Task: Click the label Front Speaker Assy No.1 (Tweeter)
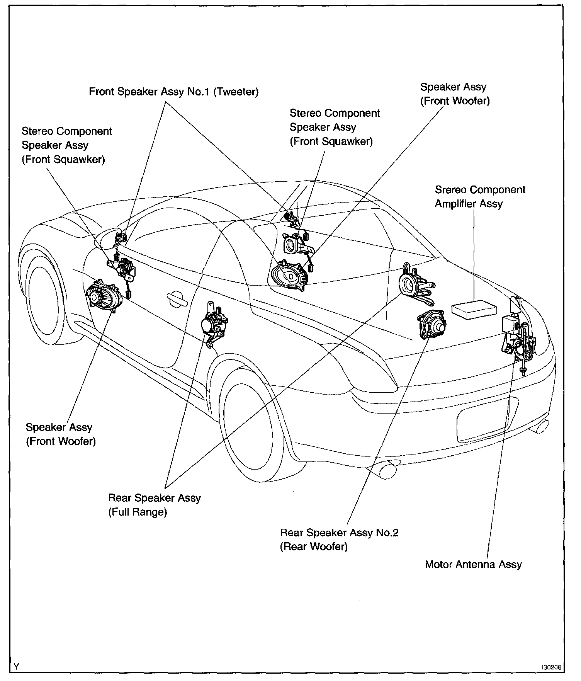click(173, 92)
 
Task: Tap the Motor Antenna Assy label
click(473, 564)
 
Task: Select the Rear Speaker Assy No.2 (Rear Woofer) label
click(339, 540)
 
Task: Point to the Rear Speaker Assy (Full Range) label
click(155, 505)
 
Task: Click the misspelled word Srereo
click(450, 190)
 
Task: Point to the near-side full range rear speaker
click(213, 323)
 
